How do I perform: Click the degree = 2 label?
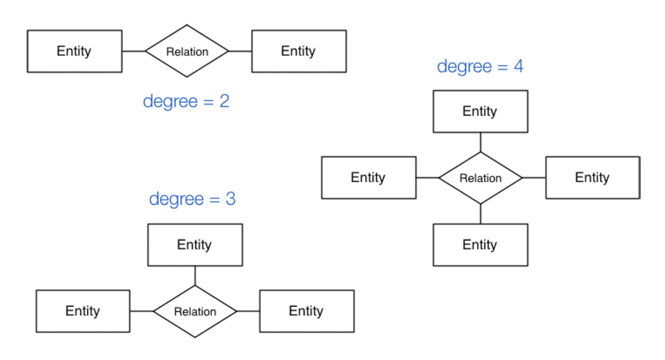point(186,102)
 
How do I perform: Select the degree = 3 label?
point(192,199)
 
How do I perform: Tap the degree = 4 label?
point(480,67)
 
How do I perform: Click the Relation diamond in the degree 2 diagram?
point(187,52)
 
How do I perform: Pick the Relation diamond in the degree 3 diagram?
point(195,311)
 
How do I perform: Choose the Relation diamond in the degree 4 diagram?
point(480,178)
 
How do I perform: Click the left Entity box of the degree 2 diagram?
point(74,52)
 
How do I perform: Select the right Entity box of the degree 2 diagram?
point(299,52)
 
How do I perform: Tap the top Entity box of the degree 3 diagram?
point(195,245)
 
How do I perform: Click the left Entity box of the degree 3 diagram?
point(83,311)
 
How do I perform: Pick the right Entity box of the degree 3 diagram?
point(306,311)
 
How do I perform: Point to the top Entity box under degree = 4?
point(480,112)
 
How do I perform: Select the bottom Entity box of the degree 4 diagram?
point(480,245)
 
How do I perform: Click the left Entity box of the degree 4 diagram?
point(369,178)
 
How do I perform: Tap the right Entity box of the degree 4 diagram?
point(592,178)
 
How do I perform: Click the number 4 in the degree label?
point(518,67)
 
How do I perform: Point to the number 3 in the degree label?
point(230,199)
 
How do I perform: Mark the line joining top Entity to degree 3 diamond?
point(195,276)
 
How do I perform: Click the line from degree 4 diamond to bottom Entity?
point(480,214)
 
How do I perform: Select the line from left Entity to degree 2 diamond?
point(134,52)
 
